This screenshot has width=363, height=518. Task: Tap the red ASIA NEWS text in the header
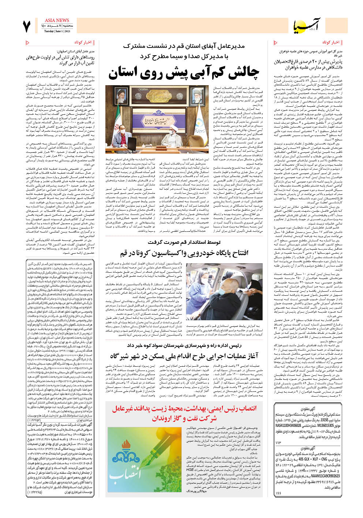point(57,20)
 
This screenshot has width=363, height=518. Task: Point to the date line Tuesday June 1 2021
point(57,31)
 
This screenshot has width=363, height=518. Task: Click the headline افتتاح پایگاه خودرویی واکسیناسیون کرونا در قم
point(184,253)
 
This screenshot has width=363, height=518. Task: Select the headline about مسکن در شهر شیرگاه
point(184,355)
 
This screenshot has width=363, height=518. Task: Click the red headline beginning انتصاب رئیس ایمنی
point(184,413)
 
